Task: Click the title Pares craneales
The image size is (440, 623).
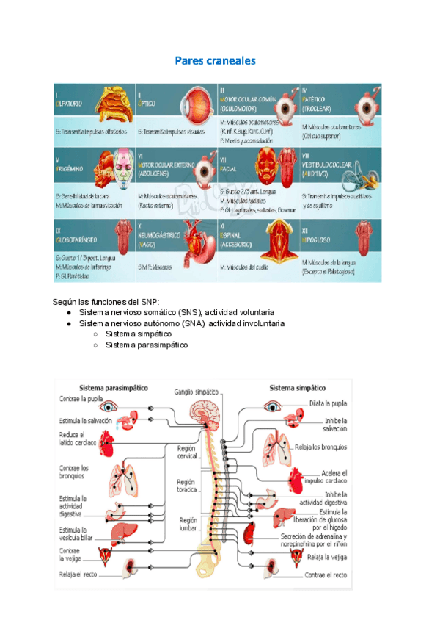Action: click(215, 61)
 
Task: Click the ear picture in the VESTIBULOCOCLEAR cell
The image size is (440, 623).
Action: click(364, 173)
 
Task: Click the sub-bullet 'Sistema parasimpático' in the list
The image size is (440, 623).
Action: click(146, 344)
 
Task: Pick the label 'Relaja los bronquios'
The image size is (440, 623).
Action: click(320, 447)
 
